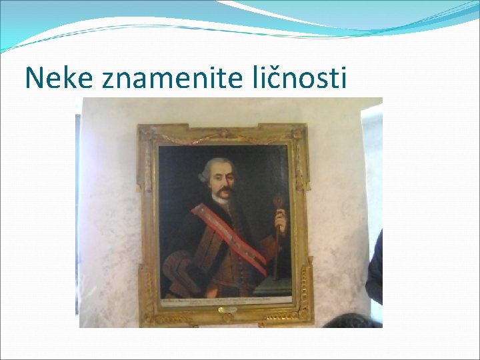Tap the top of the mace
(x=279, y=199)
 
